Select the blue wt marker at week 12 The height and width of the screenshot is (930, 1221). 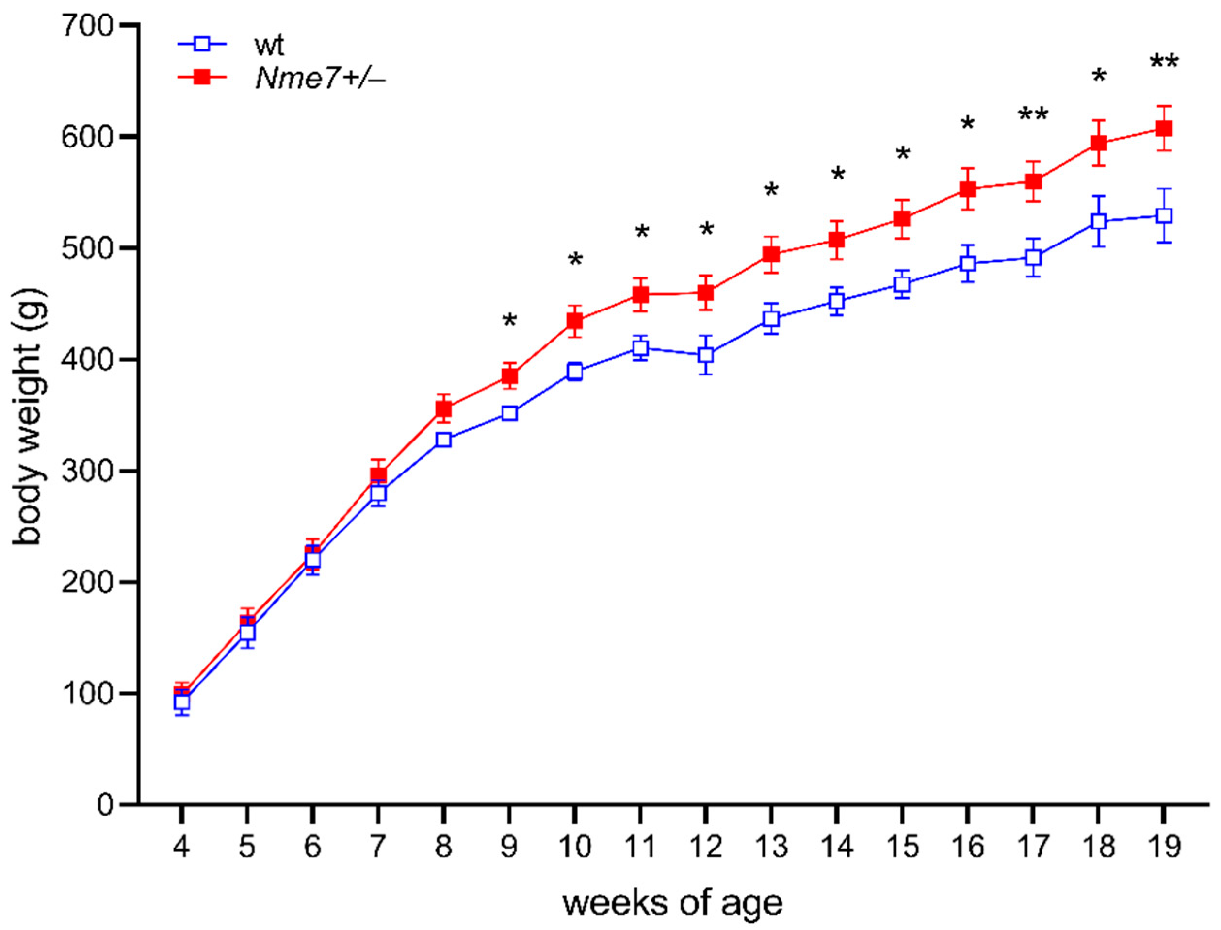(x=706, y=355)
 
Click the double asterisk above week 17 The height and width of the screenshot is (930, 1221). (x=1033, y=115)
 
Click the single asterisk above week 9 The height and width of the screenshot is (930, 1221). (x=509, y=321)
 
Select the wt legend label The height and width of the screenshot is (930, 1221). (x=269, y=46)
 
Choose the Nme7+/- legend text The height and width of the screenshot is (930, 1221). (x=320, y=79)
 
